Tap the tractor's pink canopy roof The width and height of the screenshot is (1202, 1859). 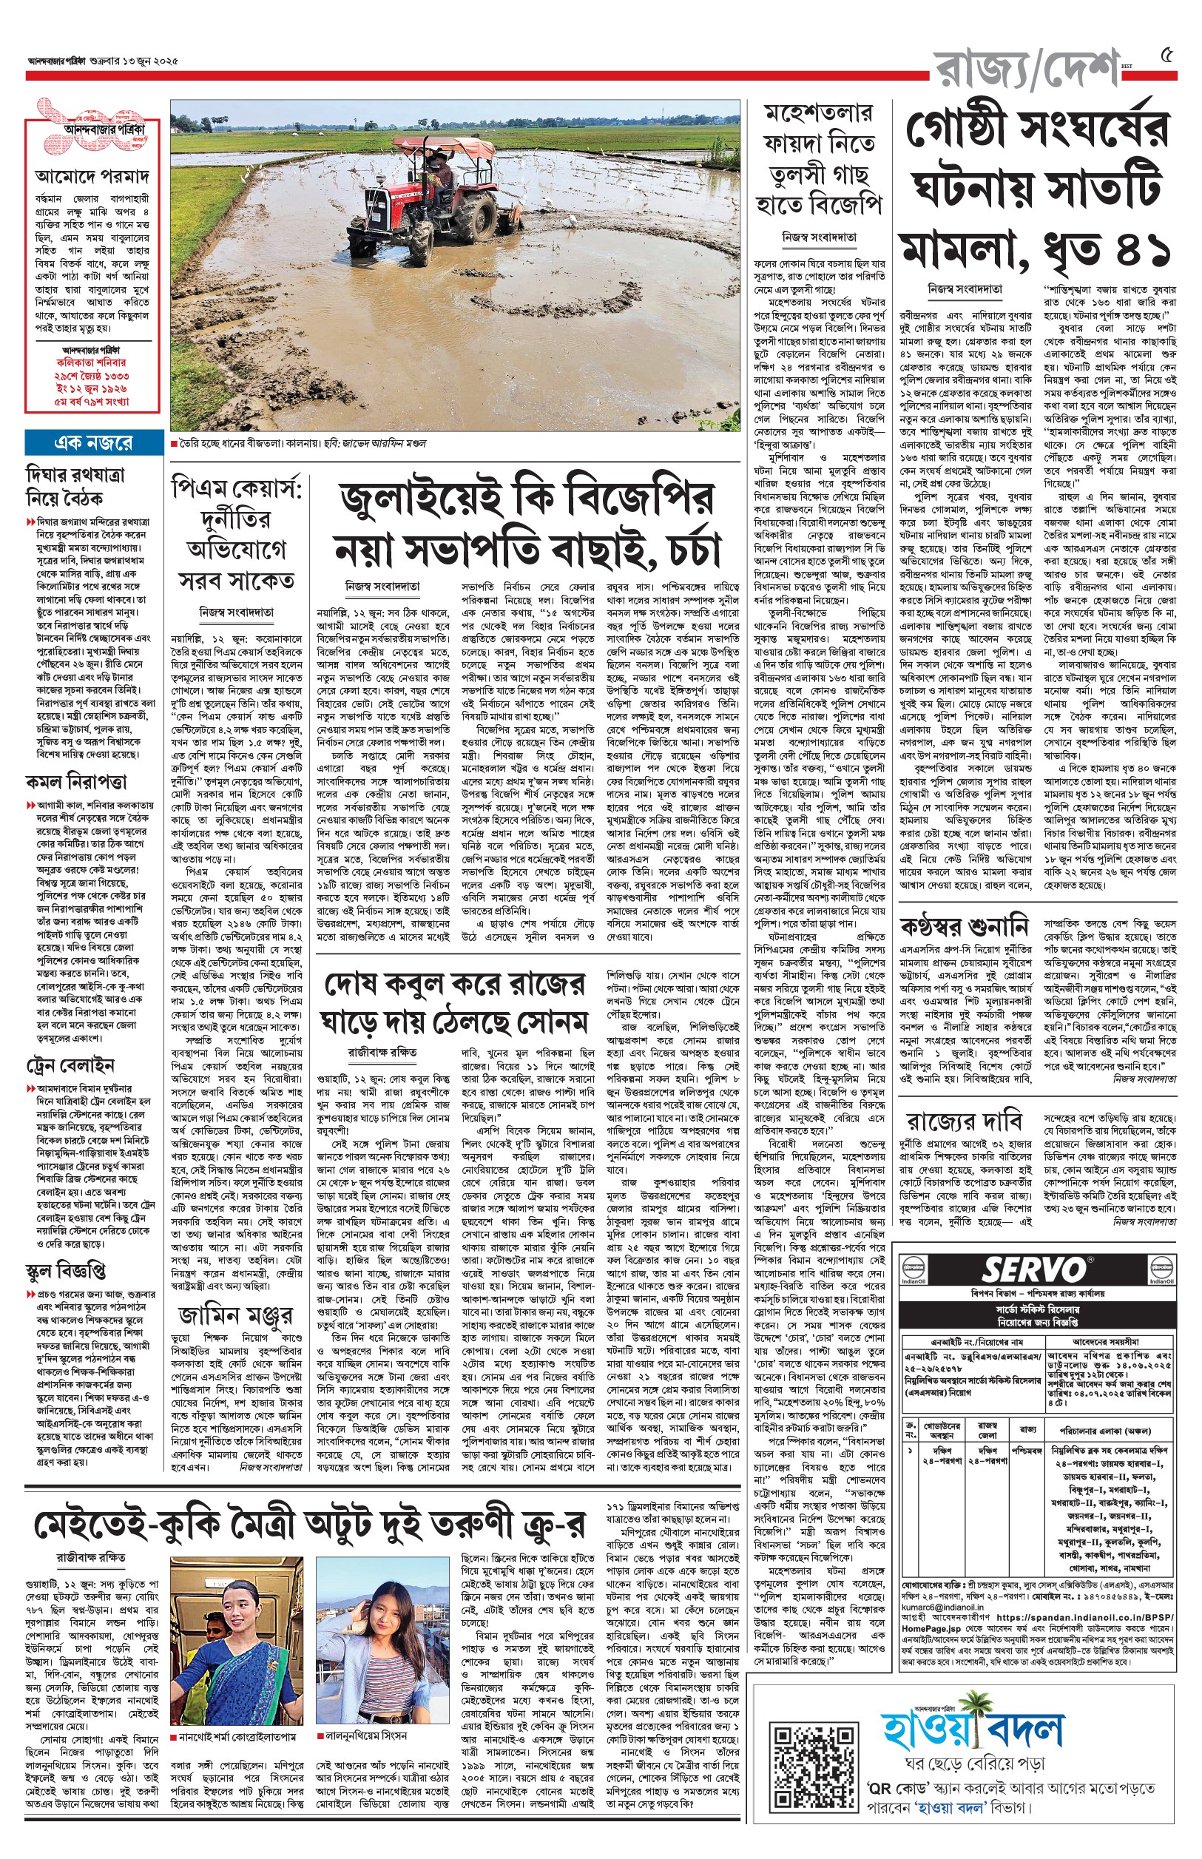coord(425,145)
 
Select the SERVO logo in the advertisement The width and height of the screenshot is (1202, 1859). coord(1033,1269)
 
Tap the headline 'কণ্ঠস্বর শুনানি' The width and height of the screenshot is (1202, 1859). coord(964,927)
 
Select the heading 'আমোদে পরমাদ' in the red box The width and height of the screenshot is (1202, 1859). coord(92,176)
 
